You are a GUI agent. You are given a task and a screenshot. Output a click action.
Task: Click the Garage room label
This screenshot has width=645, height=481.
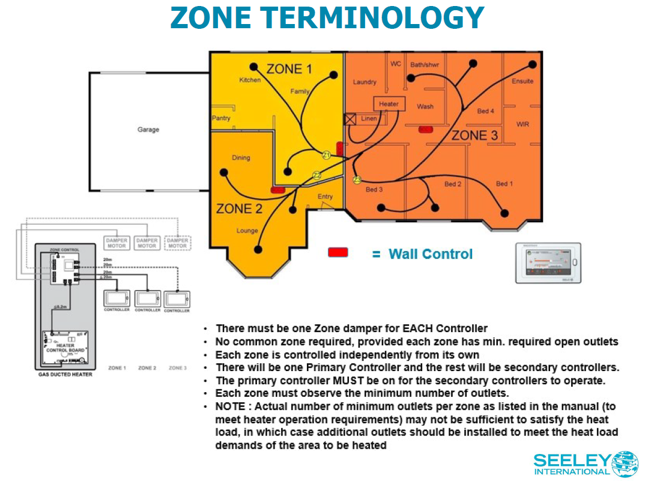point(148,129)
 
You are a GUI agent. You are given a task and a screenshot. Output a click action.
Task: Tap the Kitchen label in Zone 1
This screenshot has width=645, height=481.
point(250,80)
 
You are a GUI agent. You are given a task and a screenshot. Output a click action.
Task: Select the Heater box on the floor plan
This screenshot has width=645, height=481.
point(389,104)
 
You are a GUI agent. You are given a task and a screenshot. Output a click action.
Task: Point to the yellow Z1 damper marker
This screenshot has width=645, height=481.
point(327,156)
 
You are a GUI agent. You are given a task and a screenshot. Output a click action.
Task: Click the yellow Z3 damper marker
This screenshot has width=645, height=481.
point(357,180)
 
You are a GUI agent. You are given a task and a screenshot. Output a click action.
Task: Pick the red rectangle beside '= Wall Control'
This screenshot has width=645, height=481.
point(338,252)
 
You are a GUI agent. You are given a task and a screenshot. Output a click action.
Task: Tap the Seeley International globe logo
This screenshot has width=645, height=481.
point(625,464)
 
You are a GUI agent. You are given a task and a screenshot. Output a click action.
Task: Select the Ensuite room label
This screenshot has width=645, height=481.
point(522,81)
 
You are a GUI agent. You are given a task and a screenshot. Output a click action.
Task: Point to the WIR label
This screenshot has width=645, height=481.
point(522,124)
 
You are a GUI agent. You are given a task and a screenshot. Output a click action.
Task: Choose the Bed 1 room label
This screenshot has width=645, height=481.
point(504,184)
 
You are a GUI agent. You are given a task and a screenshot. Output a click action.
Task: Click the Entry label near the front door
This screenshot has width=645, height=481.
point(325,196)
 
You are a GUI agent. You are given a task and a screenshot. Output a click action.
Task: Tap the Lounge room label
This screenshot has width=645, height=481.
point(247,231)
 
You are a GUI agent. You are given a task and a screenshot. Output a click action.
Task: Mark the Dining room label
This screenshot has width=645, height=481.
point(241,158)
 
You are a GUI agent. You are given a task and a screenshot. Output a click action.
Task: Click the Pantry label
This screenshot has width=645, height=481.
point(221,118)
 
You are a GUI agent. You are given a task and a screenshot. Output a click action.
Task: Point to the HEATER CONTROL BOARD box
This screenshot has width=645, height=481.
point(65,347)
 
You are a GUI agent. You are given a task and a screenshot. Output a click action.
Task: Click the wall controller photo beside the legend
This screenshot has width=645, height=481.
point(548,262)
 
